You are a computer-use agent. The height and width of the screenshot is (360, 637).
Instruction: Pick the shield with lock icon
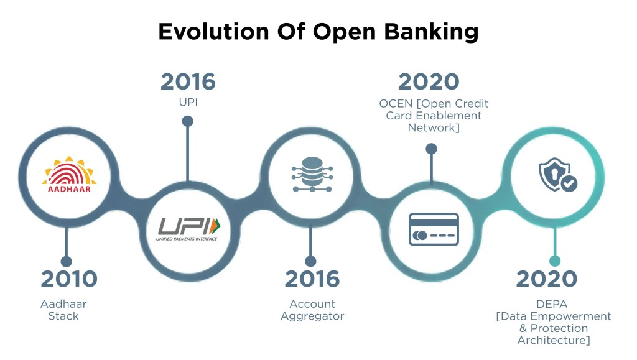pos(556,174)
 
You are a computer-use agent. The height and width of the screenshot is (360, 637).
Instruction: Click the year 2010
pos(69,279)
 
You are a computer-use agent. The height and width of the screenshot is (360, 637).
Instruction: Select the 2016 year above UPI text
pos(188,81)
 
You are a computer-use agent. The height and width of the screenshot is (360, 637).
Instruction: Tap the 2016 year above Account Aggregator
pos(312,279)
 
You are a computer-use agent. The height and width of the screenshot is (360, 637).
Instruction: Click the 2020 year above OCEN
pos(429,81)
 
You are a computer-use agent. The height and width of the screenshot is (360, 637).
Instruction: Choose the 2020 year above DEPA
pos(547,279)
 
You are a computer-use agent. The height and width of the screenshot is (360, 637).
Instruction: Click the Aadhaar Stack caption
pos(63,310)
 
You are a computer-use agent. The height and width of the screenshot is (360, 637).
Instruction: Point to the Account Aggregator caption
pos(312,310)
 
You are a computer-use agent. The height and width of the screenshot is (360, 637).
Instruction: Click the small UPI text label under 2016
pos(188,99)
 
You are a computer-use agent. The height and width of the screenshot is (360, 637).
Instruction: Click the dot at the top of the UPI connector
pos(187,121)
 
